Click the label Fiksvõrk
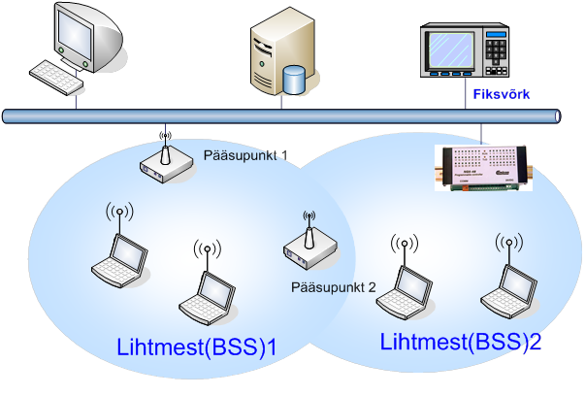pyautogui.click(x=501, y=95)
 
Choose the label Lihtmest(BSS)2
pyautogui.click(x=461, y=342)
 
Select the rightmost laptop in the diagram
pyautogui.click(x=506, y=286)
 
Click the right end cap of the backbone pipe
pyautogui.click(x=558, y=115)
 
